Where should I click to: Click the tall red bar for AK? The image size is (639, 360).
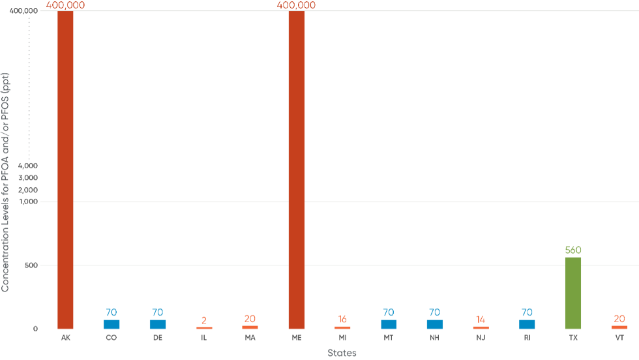65,170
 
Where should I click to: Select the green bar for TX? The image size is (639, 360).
572,293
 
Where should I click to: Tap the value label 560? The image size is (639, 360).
572,250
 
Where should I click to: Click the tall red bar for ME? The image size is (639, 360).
296,170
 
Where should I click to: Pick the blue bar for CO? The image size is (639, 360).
111,324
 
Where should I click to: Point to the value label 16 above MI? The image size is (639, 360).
342,320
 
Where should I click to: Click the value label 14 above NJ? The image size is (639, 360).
481,320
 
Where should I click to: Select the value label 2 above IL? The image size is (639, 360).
204,320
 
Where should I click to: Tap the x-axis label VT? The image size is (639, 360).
619,338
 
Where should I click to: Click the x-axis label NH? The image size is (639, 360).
434,338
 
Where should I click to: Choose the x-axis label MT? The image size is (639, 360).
389,338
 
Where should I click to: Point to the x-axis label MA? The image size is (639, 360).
250,338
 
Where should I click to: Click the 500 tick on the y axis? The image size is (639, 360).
32,265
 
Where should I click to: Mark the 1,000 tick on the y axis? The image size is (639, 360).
29,202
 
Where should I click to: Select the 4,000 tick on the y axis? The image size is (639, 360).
29,166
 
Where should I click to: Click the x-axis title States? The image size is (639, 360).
342,352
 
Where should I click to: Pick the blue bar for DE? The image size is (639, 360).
158,324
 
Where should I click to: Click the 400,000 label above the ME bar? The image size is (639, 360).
296,5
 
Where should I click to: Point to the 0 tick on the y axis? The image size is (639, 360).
35,329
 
